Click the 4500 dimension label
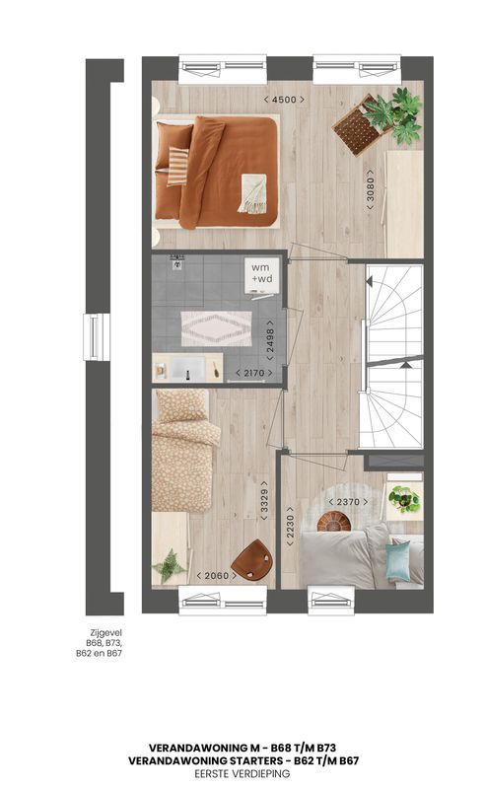284,100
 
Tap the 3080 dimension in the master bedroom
371,189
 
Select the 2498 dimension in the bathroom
270,340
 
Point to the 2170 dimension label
254,373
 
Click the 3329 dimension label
264,501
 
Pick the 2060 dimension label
216,575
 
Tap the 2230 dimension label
290,527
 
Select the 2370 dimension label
348,502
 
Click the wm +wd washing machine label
260,273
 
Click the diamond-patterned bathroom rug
216,328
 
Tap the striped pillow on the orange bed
177,166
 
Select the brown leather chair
251,560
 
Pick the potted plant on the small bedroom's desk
170,566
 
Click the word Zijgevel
105,633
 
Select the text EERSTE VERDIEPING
242,773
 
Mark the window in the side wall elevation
97,337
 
